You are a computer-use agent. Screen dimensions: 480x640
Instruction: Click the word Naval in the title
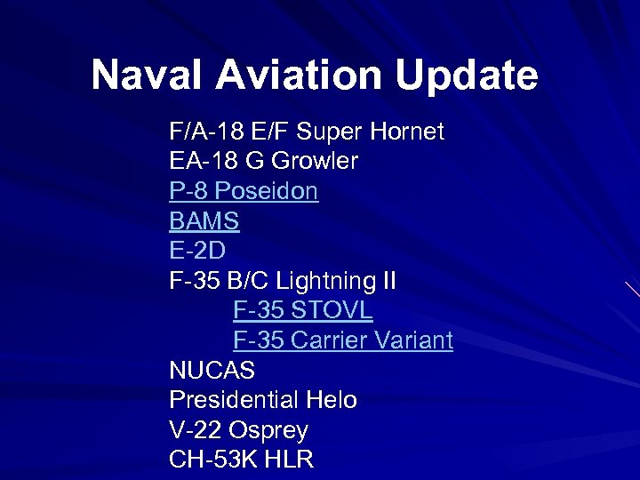[148, 76]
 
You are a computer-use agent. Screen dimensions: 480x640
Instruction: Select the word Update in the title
[468, 76]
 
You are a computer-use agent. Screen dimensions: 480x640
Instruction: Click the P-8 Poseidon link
[244, 191]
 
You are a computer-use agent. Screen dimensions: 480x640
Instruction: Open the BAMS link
[204, 220]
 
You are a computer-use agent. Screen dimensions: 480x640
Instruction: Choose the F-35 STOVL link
[303, 310]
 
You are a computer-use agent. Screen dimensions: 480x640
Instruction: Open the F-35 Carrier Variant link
[343, 340]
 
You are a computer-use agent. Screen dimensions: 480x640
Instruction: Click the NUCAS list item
[212, 370]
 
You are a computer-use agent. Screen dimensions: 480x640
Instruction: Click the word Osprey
[268, 430]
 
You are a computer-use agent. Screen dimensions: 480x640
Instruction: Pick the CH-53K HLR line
[241, 460]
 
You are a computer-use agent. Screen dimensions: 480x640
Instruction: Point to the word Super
[328, 132]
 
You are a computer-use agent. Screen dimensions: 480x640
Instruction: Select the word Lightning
[324, 281]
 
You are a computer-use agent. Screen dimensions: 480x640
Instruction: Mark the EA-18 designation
[200, 162]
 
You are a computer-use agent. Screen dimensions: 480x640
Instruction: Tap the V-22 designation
[195, 430]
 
